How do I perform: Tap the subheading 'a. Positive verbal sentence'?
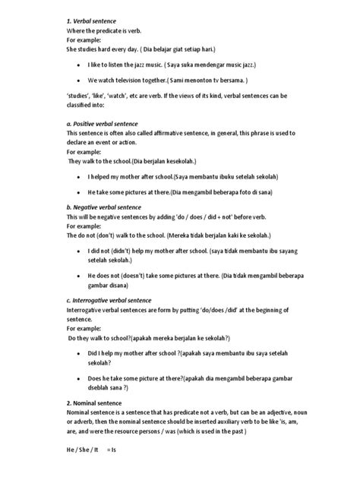point(104,122)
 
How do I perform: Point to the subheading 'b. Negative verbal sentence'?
point(106,207)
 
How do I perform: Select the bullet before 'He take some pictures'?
point(81,193)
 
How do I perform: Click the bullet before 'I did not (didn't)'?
point(81,251)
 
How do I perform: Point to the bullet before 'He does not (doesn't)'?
point(81,277)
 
